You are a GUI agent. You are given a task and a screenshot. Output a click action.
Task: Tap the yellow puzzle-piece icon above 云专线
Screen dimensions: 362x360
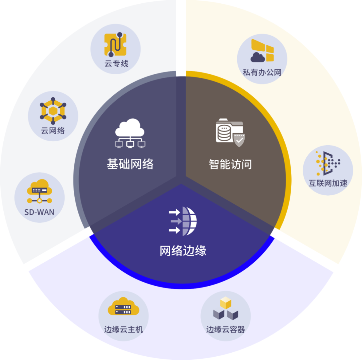click(115, 45)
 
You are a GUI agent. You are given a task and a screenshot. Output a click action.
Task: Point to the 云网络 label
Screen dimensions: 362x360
click(53, 131)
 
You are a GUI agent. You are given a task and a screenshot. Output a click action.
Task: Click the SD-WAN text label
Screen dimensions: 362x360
click(39, 212)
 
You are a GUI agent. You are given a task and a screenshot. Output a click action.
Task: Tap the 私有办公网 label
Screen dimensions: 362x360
click(262, 72)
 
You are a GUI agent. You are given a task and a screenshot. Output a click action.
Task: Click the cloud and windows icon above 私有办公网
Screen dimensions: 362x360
click(262, 51)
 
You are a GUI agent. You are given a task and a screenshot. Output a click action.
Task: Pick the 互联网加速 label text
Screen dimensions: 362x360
click(328, 183)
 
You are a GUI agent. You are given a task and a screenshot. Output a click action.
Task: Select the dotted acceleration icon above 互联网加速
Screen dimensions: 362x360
click(328, 163)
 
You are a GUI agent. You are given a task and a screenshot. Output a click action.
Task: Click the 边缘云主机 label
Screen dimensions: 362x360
click(123, 329)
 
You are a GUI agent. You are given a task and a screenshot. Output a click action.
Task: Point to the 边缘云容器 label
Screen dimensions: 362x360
click(226, 329)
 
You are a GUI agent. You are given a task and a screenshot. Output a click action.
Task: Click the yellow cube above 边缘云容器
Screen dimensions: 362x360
click(226, 303)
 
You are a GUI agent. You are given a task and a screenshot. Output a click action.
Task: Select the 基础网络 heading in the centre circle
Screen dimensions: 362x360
click(130, 164)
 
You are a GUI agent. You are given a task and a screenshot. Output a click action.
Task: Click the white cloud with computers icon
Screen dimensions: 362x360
click(130, 134)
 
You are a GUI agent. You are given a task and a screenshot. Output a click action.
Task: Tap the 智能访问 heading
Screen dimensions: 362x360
click(230, 164)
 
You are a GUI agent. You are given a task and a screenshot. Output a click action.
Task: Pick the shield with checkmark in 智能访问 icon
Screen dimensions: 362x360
click(239, 140)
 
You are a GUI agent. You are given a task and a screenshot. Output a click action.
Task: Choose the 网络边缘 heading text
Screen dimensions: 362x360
click(183, 251)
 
